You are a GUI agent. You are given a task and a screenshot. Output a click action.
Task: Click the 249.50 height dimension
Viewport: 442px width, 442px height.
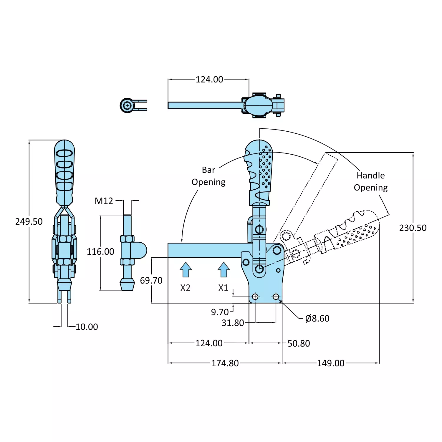[x=29, y=221]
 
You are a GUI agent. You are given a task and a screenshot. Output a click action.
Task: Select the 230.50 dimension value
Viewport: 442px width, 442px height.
[x=413, y=228]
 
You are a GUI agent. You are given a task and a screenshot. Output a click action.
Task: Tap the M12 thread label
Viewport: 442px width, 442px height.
[x=104, y=201]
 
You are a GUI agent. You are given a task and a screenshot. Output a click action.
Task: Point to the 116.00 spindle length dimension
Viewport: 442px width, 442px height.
[x=100, y=252]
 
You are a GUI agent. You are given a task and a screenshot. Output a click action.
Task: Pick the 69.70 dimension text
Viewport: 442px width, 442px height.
[x=151, y=281]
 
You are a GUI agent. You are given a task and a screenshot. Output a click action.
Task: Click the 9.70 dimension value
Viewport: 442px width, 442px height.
[x=220, y=312]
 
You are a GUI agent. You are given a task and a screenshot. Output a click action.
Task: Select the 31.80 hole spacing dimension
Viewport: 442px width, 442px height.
[x=233, y=323]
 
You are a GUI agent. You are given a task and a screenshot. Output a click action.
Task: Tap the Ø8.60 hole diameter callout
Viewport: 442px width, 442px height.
[x=317, y=319]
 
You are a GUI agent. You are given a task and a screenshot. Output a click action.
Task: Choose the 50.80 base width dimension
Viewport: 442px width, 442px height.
[x=299, y=344]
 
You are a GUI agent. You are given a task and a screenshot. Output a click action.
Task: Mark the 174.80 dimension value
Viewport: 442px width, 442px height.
[x=225, y=363]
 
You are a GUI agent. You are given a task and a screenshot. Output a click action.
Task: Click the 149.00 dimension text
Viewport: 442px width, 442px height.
[x=330, y=363]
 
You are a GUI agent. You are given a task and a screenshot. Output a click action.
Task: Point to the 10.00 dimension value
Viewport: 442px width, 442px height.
[x=87, y=327]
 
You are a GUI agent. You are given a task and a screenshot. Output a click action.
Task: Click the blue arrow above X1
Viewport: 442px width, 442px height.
[x=224, y=270]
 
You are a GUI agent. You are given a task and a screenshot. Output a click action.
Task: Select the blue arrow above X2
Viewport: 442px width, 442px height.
[x=186, y=270]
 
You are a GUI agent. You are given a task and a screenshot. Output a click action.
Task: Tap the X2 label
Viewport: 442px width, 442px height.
[x=185, y=288]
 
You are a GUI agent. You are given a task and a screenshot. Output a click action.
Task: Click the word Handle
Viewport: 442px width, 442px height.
[x=370, y=176]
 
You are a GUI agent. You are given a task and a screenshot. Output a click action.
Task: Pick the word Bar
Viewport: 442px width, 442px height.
[x=208, y=170]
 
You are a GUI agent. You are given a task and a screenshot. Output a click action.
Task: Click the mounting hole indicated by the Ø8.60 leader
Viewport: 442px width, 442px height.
[x=276, y=297]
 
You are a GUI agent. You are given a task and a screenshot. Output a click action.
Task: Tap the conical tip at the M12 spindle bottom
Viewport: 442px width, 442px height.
[x=127, y=286]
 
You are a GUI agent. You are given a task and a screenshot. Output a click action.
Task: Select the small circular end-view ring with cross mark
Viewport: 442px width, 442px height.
[x=127, y=105]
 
